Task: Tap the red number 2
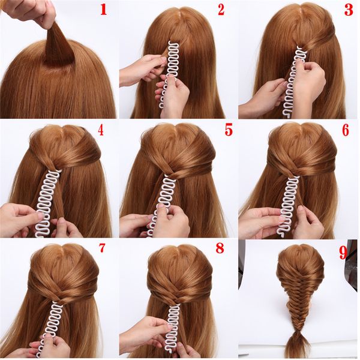tap(221, 10)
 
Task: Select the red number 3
tap(347, 10)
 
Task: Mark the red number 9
tap(344, 253)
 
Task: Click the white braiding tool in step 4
tap(48, 198)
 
